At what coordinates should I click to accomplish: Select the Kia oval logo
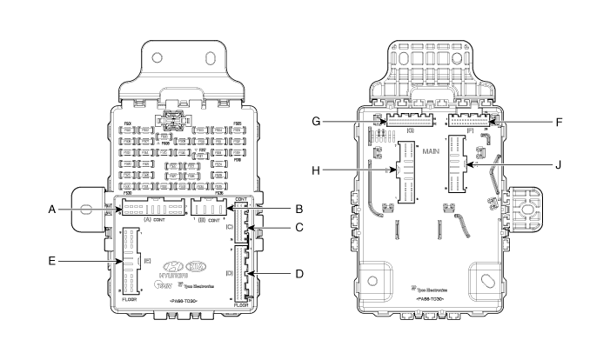point(197,265)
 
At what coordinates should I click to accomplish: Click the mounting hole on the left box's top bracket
point(158,57)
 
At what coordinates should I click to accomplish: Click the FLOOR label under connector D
point(241,305)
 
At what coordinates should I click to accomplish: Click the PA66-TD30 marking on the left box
point(184,300)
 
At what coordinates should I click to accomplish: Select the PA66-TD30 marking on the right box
point(432,298)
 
